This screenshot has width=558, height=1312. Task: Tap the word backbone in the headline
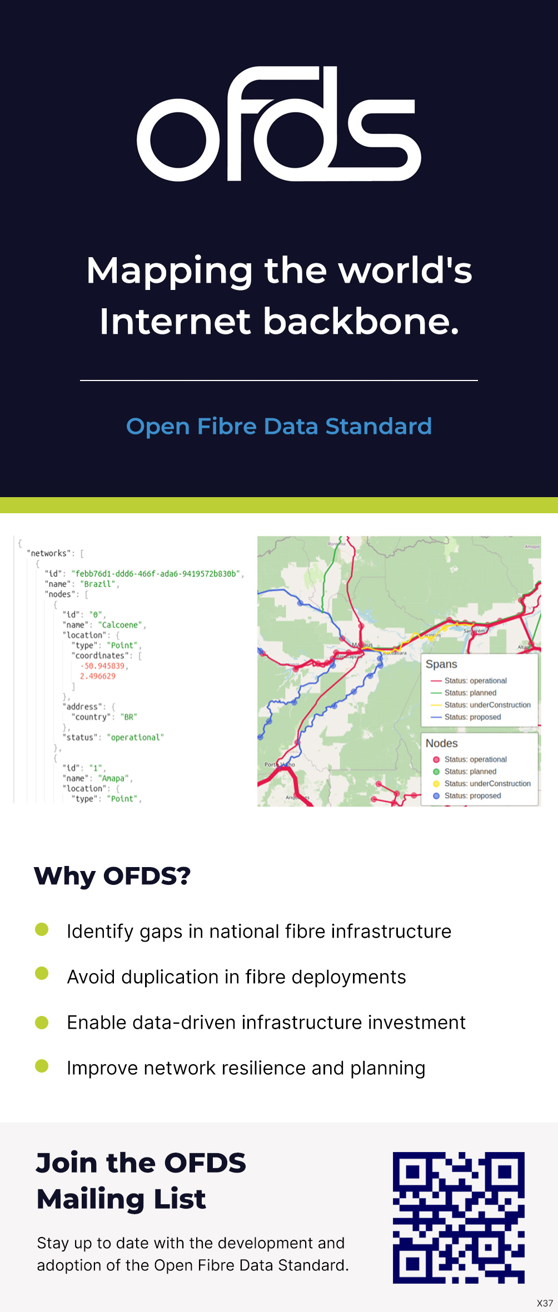click(361, 322)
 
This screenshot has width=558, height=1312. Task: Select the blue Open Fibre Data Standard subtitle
click(279, 426)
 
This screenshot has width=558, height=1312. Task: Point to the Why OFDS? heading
click(112, 876)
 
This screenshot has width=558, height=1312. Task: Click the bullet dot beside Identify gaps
click(42, 929)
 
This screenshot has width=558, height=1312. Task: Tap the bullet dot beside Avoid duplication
click(42, 973)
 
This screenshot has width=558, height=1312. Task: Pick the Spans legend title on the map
click(441, 664)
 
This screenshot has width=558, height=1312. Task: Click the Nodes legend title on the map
click(442, 743)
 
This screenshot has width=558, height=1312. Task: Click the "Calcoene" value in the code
click(121, 625)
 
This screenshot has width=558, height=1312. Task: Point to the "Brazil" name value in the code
click(99, 584)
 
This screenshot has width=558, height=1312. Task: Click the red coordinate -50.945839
click(103, 666)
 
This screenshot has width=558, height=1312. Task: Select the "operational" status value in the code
click(136, 738)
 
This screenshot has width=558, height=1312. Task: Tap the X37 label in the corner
click(545, 1303)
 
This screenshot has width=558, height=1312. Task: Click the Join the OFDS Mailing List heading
click(141, 1180)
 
